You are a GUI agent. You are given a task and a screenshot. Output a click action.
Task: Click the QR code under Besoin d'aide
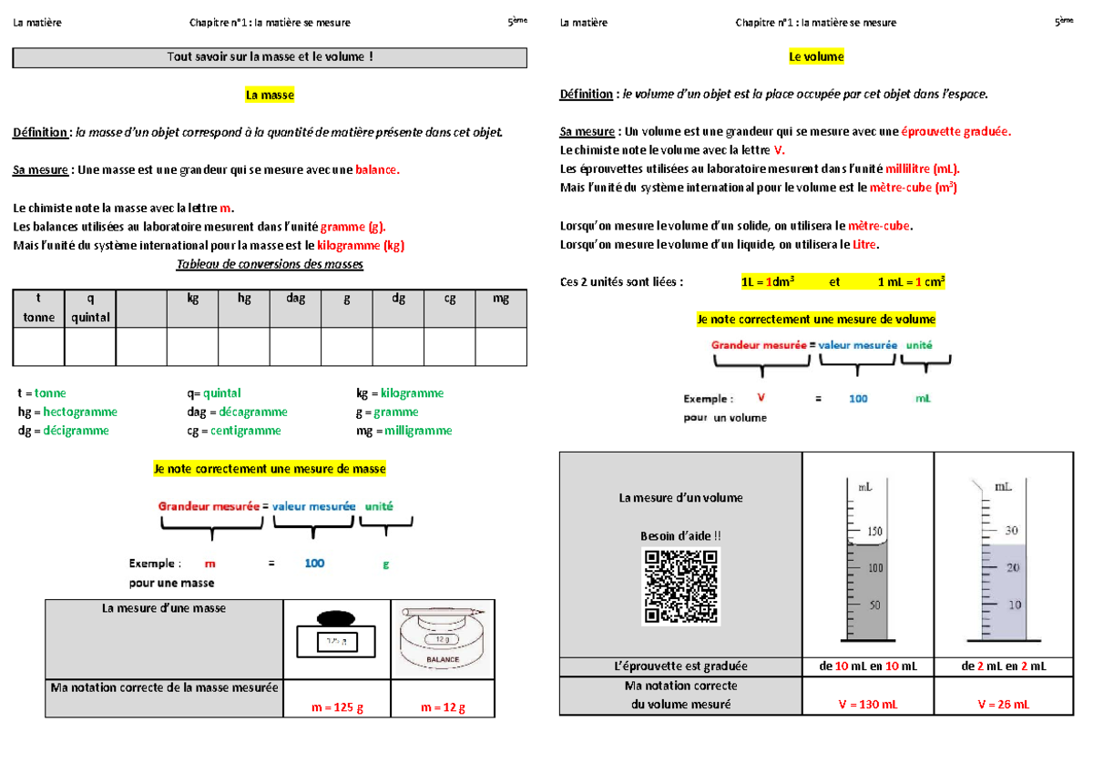tap(680, 585)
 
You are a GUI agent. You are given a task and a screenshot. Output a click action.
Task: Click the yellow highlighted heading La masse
tap(270, 95)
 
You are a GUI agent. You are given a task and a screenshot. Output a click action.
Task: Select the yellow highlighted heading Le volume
tap(816, 56)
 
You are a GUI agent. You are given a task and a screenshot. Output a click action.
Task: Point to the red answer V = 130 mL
tap(867, 704)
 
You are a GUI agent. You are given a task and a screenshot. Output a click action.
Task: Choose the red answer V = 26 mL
tap(1003, 704)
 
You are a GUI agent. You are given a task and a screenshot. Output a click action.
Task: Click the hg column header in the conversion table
tap(244, 298)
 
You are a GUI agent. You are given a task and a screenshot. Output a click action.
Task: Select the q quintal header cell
tap(89, 307)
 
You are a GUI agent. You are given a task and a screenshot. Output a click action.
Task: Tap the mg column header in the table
tap(500, 298)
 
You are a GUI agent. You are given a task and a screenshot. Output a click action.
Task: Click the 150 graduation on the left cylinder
tap(874, 531)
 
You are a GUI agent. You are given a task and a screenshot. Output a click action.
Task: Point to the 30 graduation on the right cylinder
tap(1012, 530)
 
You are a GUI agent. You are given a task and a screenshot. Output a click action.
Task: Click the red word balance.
tap(376, 169)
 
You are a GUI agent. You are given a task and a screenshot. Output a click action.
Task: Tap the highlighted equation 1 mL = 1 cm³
tap(911, 282)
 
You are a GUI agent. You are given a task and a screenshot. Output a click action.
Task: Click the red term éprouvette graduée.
tap(955, 131)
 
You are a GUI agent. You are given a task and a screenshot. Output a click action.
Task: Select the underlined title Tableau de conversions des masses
tap(269, 264)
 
